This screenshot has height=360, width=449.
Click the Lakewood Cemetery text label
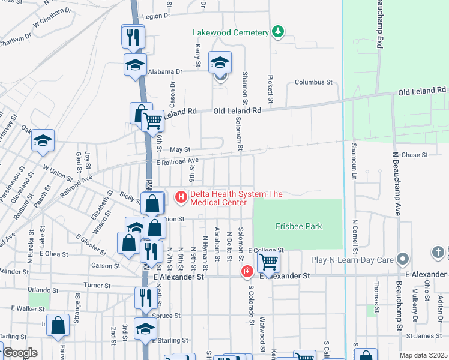click(x=231, y=32)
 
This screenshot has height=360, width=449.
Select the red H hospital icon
click(x=180, y=196)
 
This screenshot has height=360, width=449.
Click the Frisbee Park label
click(x=298, y=226)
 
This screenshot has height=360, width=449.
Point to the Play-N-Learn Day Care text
click(x=351, y=260)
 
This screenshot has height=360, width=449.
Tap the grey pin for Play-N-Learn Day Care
click(x=403, y=259)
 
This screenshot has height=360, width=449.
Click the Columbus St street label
click(x=313, y=82)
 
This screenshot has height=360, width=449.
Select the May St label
click(x=179, y=149)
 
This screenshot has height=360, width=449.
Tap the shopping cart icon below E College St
click(x=268, y=261)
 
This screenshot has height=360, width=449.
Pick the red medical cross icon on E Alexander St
click(x=247, y=272)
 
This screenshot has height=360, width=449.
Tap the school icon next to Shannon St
click(x=220, y=62)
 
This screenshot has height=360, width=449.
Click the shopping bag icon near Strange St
click(x=59, y=325)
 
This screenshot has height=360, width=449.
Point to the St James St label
click(x=420, y=336)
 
